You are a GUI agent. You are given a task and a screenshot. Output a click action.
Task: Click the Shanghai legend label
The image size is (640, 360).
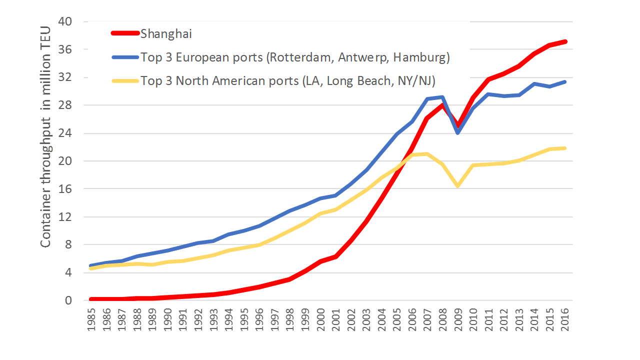(x=166, y=34)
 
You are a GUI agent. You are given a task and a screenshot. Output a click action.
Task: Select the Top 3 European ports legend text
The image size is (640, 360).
(x=295, y=57)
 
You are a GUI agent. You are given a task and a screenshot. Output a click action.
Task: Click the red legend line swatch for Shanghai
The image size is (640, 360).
(x=124, y=34)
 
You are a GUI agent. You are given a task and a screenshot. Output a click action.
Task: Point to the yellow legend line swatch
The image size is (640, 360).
(x=124, y=80)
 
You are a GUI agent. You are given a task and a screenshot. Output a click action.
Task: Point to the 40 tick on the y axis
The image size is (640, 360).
(x=66, y=21)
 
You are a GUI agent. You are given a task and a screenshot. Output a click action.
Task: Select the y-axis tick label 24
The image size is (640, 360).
(x=66, y=133)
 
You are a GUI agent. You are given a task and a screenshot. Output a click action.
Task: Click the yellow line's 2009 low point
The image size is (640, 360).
(x=458, y=186)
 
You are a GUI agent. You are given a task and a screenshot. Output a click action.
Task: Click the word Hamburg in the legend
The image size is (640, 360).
(x=421, y=57)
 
